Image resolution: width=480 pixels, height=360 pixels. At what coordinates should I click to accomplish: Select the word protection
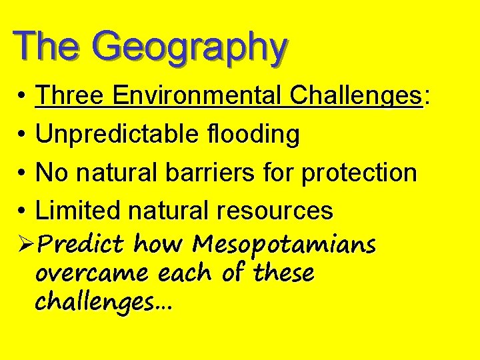tap(359, 173)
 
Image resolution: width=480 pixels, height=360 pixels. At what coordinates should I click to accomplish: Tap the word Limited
tap(78, 211)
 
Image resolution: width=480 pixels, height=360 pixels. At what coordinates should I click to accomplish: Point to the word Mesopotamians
tap(284, 245)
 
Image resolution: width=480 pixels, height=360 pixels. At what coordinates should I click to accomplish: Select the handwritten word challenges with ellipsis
tap(103, 302)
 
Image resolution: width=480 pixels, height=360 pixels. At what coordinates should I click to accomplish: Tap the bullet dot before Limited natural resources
tap(22, 211)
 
